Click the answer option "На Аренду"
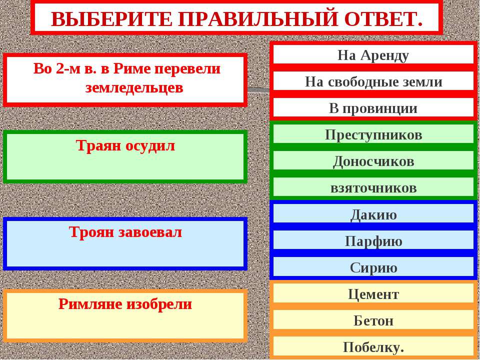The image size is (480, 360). (373, 55)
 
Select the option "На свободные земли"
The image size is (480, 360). (373, 82)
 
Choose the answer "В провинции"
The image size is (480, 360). (373, 108)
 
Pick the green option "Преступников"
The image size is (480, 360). (373, 135)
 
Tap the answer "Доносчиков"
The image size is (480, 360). (373, 161)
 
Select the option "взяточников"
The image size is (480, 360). (373, 188)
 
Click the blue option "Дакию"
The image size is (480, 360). (373, 215)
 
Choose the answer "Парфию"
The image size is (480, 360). (373, 241)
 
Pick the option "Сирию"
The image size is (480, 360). (373, 268)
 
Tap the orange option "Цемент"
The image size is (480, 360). (373, 294)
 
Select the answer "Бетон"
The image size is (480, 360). (373, 321)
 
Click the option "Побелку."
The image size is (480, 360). (373, 347)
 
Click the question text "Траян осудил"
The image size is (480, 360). (125, 146)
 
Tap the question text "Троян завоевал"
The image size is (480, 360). (125, 232)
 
